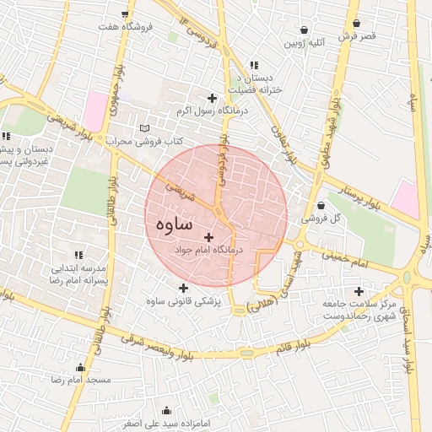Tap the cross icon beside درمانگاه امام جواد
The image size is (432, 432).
(x=208, y=237)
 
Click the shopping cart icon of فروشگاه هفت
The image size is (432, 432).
(x=126, y=13)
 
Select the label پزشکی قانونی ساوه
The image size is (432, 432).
(x=182, y=301)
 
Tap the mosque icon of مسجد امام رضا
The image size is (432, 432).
(x=80, y=367)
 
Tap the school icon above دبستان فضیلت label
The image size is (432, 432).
(x=253, y=65)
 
